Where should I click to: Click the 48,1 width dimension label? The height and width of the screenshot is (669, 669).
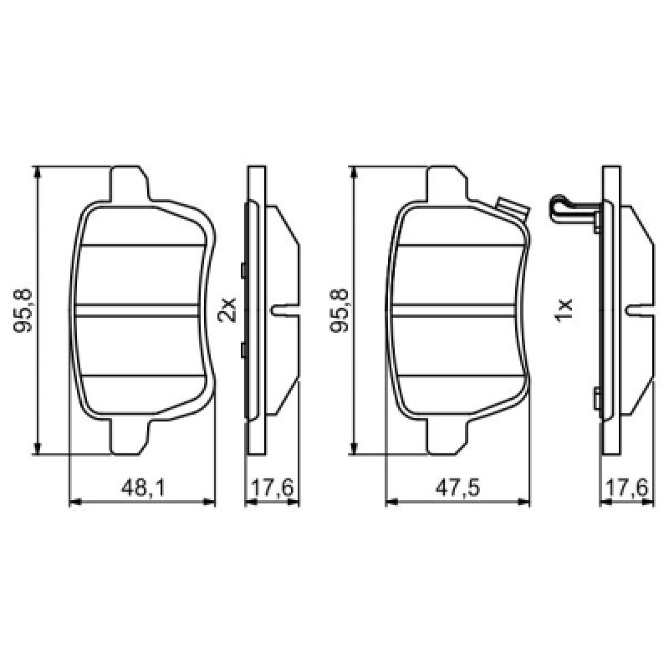(142, 488)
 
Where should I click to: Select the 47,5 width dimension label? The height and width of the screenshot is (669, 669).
(457, 488)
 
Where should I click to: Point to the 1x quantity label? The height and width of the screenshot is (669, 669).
(563, 310)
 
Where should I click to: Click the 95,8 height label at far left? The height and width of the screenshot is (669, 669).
(23, 310)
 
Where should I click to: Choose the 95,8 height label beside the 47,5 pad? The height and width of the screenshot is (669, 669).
(340, 310)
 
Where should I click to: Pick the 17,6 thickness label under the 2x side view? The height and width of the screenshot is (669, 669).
(273, 488)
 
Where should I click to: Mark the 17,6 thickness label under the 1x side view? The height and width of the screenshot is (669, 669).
(626, 488)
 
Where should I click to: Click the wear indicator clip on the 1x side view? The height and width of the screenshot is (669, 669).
(574, 212)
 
